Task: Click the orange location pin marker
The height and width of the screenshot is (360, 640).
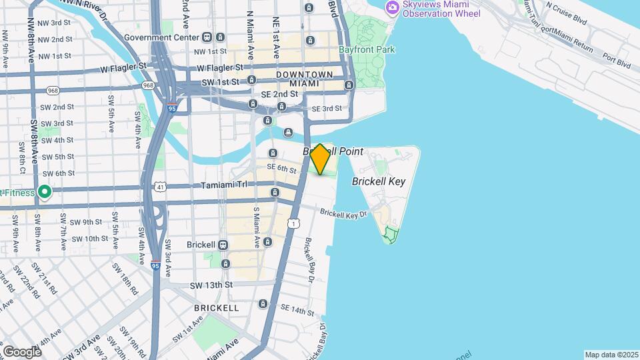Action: click(x=320, y=159)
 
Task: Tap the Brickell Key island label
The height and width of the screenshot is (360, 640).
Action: click(x=379, y=181)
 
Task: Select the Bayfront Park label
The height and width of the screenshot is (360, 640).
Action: click(x=367, y=49)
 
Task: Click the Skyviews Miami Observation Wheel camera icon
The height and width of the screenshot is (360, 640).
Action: click(x=392, y=7)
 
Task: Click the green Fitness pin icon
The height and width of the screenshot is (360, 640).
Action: click(x=45, y=193)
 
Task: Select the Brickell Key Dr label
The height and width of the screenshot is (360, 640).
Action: click(x=343, y=214)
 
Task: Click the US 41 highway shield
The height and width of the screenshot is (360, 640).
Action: click(x=161, y=188)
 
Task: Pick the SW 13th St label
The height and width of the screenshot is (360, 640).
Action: click(x=211, y=285)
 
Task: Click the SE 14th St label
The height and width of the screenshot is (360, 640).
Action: click(x=297, y=311)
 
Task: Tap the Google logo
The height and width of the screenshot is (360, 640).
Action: click(x=22, y=351)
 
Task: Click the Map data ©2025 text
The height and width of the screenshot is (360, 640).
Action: click(x=611, y=355)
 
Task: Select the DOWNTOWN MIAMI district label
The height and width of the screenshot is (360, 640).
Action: click(x=305, y=79)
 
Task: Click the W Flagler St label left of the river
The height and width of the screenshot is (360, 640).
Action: click(x=124, y=67)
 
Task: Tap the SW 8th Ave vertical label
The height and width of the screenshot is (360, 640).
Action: click(x=35, y=142)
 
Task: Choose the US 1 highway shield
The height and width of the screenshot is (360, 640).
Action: click(x=293, y=223)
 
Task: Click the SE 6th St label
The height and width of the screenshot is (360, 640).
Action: click(x=281, y=171)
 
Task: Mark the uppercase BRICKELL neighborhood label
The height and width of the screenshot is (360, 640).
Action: click(x=216, y=308)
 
